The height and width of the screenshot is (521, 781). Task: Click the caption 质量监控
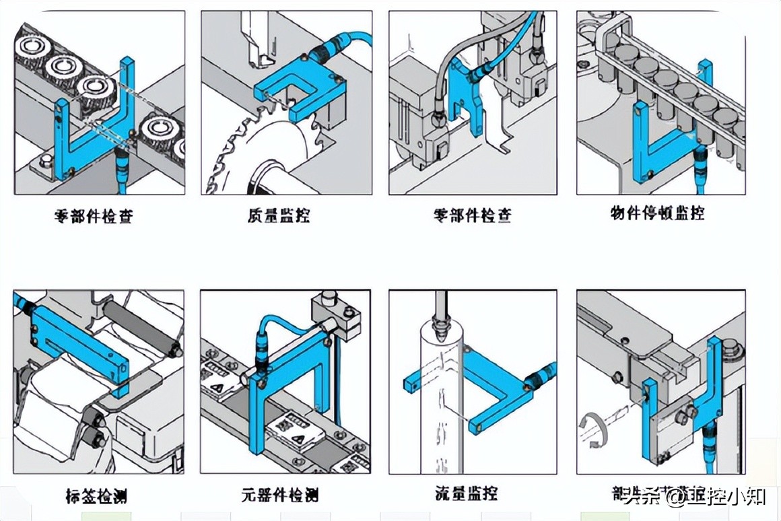coord(279,215)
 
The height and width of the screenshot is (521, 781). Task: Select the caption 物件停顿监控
coord(657,214)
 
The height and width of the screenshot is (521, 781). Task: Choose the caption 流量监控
coord(466,493)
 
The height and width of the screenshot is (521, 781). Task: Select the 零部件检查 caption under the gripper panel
coord(472,215)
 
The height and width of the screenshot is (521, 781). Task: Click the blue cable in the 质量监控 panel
coord(357,40)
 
